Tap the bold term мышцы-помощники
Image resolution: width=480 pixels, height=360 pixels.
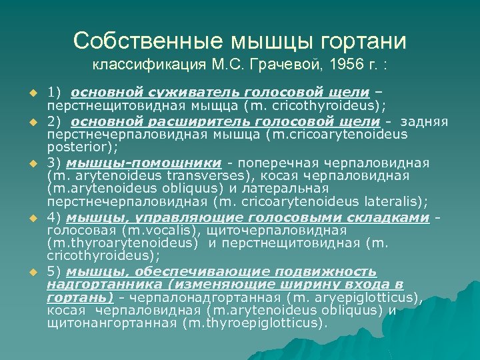tap(145, 162)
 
